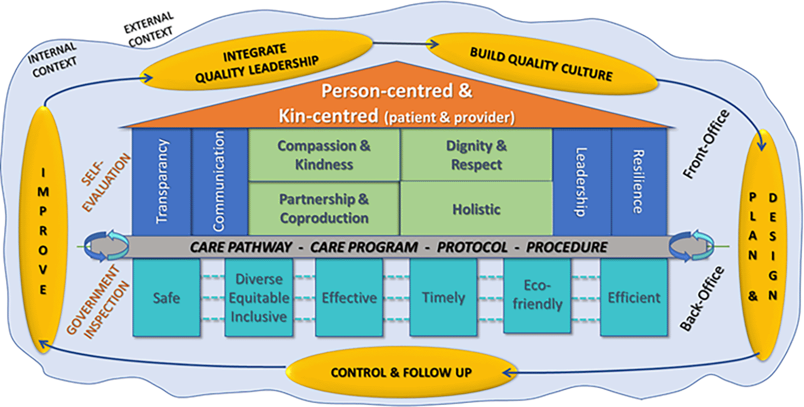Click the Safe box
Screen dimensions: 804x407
click(166, 298)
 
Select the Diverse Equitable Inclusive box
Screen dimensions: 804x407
click(259, 298)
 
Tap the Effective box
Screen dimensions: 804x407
click(349, 298)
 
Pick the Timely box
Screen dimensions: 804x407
click(443, 298)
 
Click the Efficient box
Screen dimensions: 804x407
click(634, 298)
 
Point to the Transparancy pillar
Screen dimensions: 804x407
click(161, 182)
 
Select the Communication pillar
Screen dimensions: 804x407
click(220, 182)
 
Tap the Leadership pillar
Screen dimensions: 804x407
click(582, 182)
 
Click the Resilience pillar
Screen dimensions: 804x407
click(639, 182)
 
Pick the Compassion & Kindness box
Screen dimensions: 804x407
click(324, 155)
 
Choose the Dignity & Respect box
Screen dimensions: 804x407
click(476, 155)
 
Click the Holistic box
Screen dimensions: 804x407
click(476, 209)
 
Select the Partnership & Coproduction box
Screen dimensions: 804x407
click(324, 209)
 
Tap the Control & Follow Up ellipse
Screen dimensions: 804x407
click(402, 372)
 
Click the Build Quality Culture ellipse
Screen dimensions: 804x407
click(542, 64)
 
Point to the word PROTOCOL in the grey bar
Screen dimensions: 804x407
click(472, 247)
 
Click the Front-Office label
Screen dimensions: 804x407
click(706, 144)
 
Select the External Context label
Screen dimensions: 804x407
click(149, 30)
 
